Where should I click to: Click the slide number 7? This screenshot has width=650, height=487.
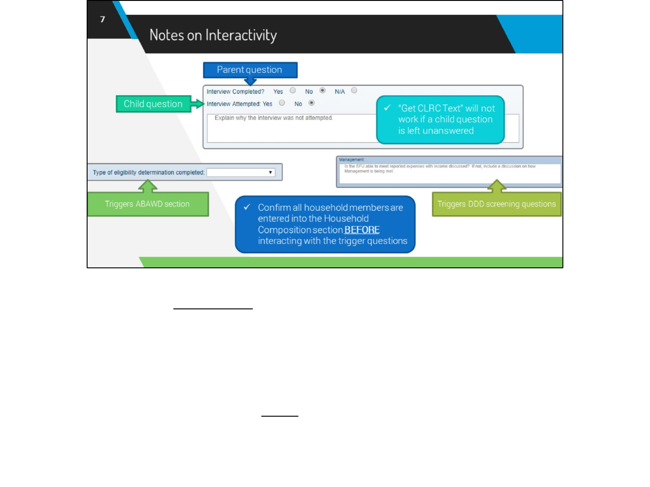102,19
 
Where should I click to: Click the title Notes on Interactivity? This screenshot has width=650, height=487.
213,35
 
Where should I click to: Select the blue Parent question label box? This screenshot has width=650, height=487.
250,70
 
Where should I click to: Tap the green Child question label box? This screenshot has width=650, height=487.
153,104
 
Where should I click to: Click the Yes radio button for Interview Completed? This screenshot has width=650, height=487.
293,91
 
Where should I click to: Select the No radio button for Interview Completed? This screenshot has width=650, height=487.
322,91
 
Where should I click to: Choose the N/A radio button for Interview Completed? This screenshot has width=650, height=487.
354,91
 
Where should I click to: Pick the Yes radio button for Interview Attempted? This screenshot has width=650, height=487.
282,103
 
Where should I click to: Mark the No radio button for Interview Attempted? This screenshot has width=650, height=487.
311,103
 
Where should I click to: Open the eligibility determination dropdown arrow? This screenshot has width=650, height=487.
270,173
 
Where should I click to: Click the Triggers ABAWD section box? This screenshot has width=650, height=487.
148,204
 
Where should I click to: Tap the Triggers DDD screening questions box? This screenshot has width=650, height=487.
497,204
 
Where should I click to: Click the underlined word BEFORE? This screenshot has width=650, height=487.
362,230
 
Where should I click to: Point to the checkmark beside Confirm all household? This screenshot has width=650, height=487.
247,207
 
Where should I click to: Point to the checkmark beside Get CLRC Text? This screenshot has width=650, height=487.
387,108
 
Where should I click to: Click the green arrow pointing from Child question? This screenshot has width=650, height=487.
197,104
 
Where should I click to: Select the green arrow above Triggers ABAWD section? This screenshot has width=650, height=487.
148,186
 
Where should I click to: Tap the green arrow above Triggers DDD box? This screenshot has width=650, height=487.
497,185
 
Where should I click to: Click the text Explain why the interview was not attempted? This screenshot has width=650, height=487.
274,118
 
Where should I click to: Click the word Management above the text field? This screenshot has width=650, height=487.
352,160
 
